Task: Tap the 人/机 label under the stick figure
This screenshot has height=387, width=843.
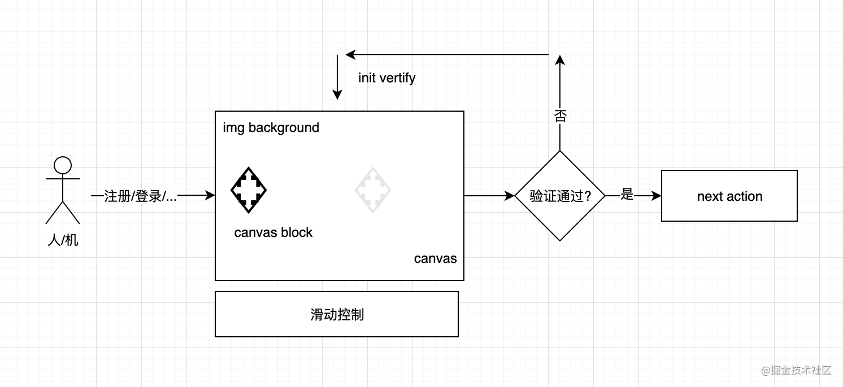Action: [x=63, y=240]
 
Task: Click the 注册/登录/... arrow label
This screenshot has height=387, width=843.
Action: [x=140, y=196]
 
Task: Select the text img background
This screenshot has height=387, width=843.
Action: [x=271, y=127]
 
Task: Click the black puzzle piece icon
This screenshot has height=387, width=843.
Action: [x=249, y=190]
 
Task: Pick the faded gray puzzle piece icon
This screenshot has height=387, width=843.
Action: [x=372, y=190]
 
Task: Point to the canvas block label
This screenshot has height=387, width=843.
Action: [x=273, y=232]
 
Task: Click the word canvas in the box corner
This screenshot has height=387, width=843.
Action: [x=436, y=259]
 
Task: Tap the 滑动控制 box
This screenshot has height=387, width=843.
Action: [x=337, y=314]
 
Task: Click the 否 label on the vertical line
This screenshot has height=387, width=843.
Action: [x=560, y=116]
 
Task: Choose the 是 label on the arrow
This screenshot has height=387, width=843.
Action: [x=627, y=194]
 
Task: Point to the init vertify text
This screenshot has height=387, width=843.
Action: [x=387, y=78]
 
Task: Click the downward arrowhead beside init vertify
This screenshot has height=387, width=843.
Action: [x=337, y=95]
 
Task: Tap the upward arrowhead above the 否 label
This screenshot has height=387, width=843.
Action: [x=560, y=60]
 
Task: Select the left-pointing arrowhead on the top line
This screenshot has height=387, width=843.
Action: [x=350, y=55]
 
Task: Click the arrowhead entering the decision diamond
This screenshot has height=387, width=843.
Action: [x=510, y=196]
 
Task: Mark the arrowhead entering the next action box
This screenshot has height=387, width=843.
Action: [x=657, y=196]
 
